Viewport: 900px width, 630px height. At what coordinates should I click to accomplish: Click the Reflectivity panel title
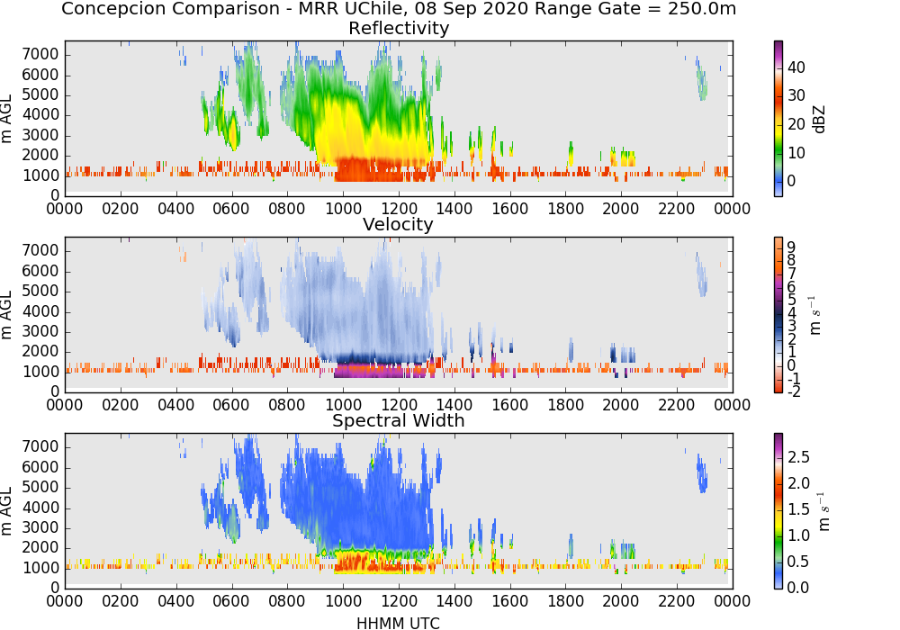(x=399, y=28)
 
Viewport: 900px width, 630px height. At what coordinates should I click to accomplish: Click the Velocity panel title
(x=398, y=224)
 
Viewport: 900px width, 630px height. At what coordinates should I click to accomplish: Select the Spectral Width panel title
(x=399, y=420)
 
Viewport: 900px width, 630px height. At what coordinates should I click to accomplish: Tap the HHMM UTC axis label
(x=398, y=623)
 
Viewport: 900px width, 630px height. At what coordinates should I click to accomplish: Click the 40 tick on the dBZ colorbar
(x=796, y=67)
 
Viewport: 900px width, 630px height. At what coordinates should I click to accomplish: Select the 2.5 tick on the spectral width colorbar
(x=798, y=456)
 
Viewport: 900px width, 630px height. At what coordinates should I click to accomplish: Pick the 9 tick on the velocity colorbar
(x=791, y=247)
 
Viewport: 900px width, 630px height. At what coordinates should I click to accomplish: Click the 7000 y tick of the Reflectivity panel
(x=40, y=55)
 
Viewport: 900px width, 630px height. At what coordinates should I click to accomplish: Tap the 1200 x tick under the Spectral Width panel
(x=399, y=600)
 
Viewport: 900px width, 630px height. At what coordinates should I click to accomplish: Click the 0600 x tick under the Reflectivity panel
(x=231, y=208)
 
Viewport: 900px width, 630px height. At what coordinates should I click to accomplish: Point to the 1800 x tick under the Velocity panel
(x=565, y=404)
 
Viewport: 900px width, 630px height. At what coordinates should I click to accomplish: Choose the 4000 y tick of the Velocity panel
(x=40, y=311)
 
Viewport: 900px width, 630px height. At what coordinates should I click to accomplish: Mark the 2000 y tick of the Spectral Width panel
(x=40, y=547)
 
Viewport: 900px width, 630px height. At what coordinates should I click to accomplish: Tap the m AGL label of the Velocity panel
(x=6, y=314)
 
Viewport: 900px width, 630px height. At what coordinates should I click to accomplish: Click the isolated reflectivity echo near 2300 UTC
(x=701, y=79)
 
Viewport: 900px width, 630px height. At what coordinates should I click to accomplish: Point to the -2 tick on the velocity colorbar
(x=794, y=391)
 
